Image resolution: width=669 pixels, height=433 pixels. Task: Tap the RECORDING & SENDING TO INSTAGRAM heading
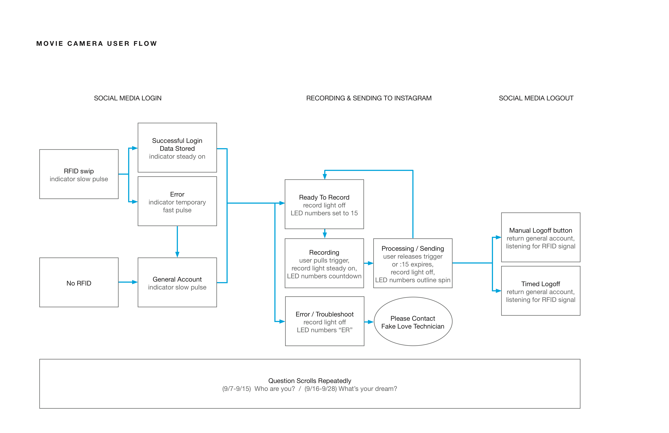[369, 98]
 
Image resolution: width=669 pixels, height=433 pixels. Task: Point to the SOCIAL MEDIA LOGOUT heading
[536, 98]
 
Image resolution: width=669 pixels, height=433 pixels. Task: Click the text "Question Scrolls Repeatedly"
[310, 381]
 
